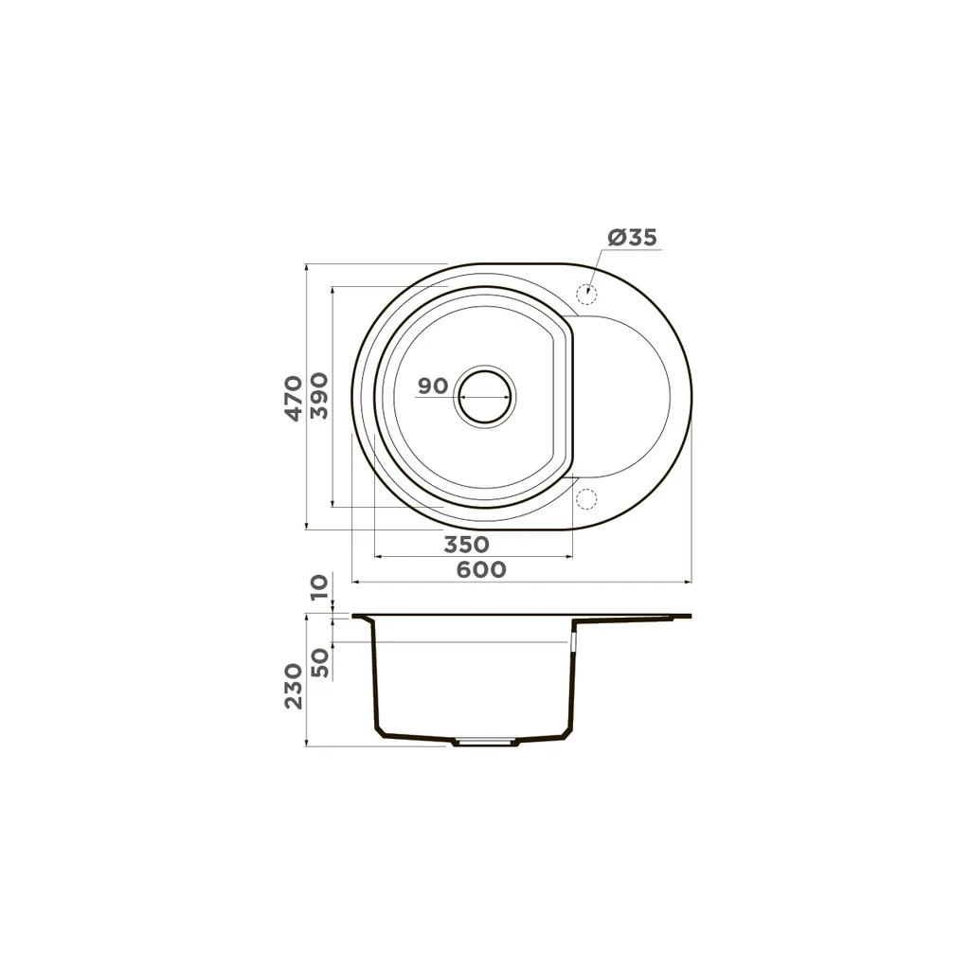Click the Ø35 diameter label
[x=632, y=238]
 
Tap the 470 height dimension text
[x=294, y=398]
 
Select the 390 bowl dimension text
[x=319, y=396]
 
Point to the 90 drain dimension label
[x=432, y=386]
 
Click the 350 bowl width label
[x=466, y=545]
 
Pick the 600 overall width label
[x=481, y=569]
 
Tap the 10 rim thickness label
[x=319, y=586]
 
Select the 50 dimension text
[x=320, y=662]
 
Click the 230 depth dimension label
[x=294, y=686]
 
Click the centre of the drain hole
[x=484, y=397]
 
